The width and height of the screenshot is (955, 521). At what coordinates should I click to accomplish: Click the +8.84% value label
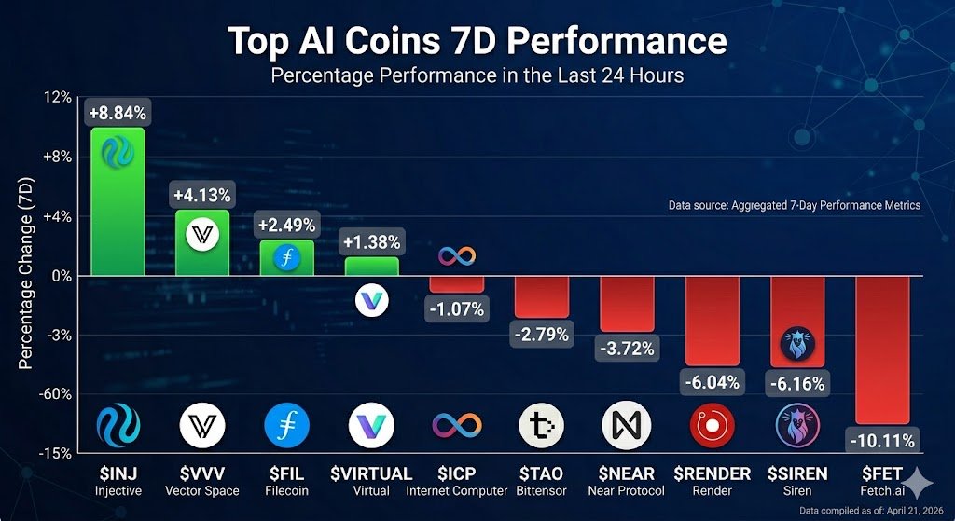[118, 114]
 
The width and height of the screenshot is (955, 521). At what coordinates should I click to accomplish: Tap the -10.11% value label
[882, 439]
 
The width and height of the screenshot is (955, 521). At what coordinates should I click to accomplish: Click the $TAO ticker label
[542, 473]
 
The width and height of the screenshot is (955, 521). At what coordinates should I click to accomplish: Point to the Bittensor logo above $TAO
[542, 426]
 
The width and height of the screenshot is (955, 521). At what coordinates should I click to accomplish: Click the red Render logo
[712, 426]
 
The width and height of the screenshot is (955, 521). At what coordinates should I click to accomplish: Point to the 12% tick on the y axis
[58, 97]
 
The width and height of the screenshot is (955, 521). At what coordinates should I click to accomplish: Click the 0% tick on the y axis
[62, 276]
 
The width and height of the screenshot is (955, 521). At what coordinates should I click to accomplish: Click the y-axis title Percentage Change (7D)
[27, 276]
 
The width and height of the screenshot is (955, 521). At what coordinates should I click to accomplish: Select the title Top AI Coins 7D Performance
[477, 41]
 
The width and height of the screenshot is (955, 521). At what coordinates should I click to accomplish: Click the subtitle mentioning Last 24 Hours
[477, 75]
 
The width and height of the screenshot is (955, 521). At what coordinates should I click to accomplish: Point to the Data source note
[794, 205]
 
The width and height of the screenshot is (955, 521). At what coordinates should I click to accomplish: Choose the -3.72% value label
[626, 350]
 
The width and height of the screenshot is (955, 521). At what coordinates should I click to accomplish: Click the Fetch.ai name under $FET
[882, 490]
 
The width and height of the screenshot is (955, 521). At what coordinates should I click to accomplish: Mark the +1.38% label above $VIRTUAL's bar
[372, 242]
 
